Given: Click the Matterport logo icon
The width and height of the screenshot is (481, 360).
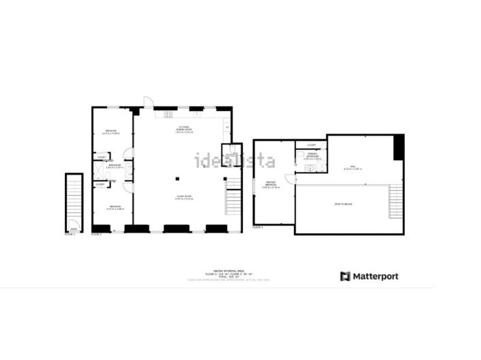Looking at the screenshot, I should [x=345, y=276].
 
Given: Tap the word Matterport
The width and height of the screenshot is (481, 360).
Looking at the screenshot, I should [x=375, y=276].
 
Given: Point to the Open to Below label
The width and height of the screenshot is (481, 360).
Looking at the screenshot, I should [x=342, y=204].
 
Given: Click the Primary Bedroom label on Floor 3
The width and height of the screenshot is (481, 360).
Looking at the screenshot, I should [x=271, y=184].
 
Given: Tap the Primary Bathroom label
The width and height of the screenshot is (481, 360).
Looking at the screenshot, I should [x=312, y=156].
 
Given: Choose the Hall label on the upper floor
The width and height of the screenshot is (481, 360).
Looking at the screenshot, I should [x=353, y=167].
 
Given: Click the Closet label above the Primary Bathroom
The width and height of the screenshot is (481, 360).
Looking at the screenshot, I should [x=311, y=145].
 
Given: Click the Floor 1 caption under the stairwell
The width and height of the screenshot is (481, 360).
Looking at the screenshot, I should [x=70, y=234].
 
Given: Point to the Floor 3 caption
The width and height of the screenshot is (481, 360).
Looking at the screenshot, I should [x=257, y=227].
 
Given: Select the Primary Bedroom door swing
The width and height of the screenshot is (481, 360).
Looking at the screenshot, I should [x=289, y=179].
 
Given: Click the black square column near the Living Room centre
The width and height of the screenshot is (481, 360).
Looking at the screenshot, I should [x=177, y=179].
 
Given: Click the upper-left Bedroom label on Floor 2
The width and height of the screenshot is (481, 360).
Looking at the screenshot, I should [x=110, y=132].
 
